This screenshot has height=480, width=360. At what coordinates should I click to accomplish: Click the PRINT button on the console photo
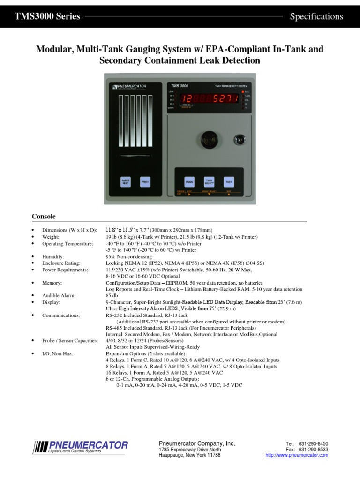[145, 181]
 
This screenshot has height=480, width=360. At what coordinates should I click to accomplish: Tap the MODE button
[189, 181]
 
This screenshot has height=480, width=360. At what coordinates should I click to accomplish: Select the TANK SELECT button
[209, 181]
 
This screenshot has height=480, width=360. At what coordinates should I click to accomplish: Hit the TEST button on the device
[229, 181]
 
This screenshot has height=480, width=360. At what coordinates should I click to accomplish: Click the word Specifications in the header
[316, 17]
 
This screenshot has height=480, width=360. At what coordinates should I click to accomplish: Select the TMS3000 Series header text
[47, 17]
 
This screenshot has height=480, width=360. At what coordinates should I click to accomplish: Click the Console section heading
[44, 217]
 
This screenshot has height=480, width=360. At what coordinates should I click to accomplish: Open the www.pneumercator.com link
[297, 455]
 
